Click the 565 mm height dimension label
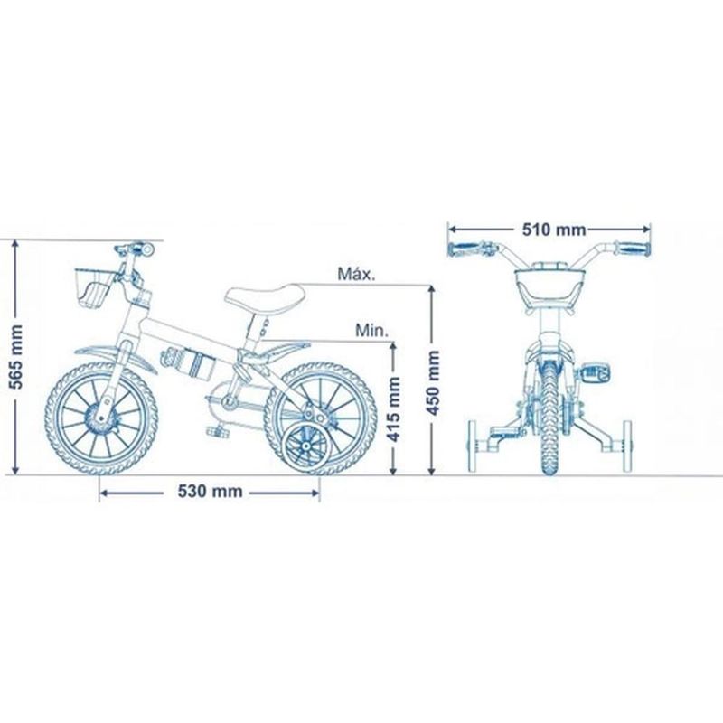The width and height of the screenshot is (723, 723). (x=16, y=356)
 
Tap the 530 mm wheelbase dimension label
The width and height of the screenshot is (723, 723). (x=211, y=492)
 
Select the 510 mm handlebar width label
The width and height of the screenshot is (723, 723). (x=554, y=230)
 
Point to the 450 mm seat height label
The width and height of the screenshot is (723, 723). (x=434, y=382)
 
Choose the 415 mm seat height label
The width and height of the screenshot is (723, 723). (x=395, y=409)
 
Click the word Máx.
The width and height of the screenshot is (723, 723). (x=356, y=274)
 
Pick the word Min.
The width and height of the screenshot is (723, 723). (x=371, y=330)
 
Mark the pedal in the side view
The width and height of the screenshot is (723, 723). (x=218, y=431)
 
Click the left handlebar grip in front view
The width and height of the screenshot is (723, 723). (x=465, y=249)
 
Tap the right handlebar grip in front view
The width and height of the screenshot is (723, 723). (x=633, y=249)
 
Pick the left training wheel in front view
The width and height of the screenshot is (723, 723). (x=473, y=446)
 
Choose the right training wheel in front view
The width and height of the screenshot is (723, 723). (x=626, y=446)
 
